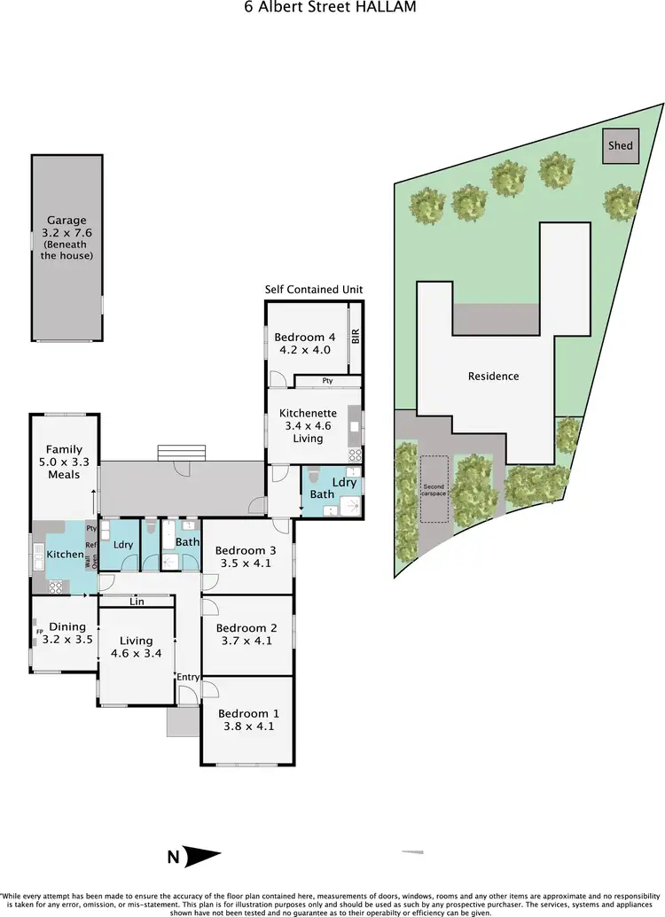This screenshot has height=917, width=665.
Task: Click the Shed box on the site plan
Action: pos(621,145)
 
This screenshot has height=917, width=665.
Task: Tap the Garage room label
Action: pos(67,221)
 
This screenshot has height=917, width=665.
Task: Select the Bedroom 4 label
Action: pos(305,337)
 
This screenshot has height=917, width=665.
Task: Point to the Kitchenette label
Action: pos(308,414)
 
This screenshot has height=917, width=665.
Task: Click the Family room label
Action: pos(64,449)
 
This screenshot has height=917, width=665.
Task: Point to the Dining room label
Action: pos(67,626)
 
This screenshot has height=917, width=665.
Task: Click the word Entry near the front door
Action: pos(188,677)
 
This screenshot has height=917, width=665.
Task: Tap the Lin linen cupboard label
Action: pos(137,602)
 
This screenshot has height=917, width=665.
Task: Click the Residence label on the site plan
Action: pos(494,376)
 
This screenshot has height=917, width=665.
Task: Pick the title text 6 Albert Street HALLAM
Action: pos(331,7)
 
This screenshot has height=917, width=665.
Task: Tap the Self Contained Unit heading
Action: pos(314,290)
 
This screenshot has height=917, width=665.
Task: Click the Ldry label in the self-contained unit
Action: pos(346,483)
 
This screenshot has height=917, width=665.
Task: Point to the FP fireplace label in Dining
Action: pos(39,632)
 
